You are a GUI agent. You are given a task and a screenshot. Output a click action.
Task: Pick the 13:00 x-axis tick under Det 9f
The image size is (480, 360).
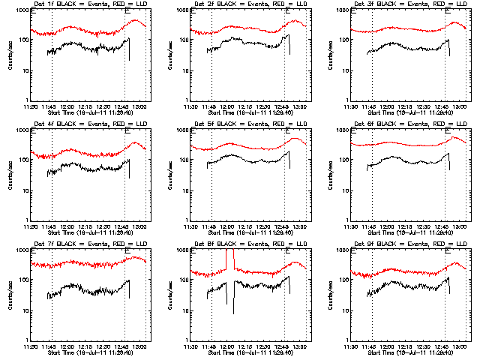[459, 346]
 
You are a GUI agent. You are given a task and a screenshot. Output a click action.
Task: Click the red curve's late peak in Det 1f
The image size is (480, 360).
[136, 20]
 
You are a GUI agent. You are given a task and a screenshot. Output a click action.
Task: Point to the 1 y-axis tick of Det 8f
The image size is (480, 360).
[188, 340]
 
